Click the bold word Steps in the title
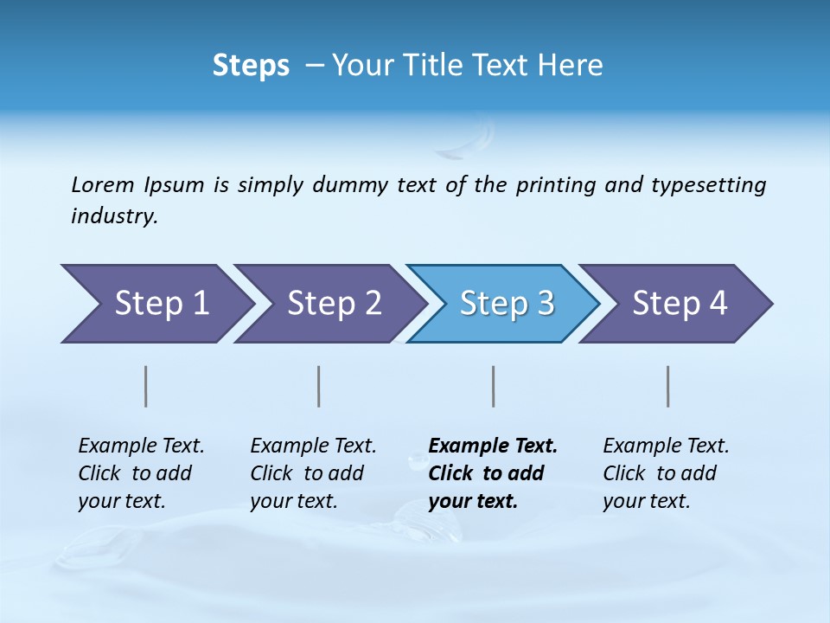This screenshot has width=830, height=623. point(251,66)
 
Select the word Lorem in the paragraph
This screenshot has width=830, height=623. point(103,184)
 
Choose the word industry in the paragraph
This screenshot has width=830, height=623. point(114,216)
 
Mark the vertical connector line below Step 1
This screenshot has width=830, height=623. point(146,386)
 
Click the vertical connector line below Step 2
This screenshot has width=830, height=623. point(319,386)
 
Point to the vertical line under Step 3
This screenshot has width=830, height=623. point(494,386)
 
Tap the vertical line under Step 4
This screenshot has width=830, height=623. point(668,386)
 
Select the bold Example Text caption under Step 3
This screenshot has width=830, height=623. point(493,472)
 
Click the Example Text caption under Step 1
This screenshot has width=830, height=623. point(141,472)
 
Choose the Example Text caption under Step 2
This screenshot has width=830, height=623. point(313,472)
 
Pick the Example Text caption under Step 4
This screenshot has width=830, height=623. point(666,472)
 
